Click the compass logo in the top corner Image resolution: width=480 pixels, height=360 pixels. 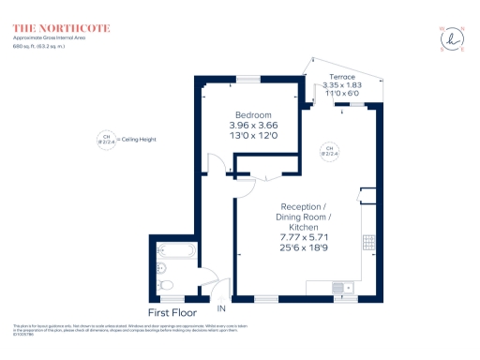[452, 38]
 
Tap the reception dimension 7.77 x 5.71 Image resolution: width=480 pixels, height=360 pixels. [303, 238]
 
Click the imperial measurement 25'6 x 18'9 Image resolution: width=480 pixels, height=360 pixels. [303, 248]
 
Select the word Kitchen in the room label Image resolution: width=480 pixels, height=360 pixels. [303, 228]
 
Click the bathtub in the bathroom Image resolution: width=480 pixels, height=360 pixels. [175, 251]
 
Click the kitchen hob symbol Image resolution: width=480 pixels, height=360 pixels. [367, 242]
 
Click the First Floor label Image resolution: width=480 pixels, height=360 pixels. [173, 311]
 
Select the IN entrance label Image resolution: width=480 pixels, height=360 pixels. [222, 308]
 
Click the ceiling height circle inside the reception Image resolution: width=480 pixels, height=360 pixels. [329, 150]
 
